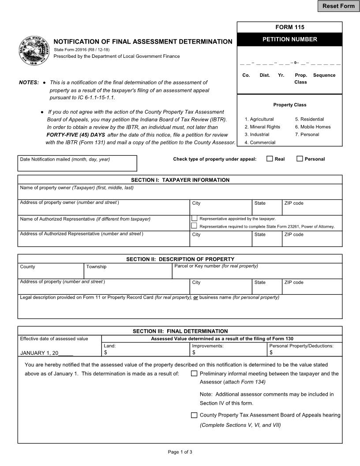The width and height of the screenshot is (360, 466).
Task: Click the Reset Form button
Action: click(x=338, y=6)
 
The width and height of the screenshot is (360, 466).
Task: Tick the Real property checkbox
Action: click(x=270, y=159)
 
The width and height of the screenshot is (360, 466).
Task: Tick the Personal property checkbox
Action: click(x=300, y=159)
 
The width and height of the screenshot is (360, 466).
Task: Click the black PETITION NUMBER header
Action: click(x=289, y=39)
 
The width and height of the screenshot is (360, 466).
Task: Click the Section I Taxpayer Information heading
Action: click(x=180, y=180)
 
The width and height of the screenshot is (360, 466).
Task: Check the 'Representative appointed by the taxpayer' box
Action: click(x=194, y=218)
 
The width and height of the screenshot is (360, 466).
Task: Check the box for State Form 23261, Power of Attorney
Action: click(x=194, y=225)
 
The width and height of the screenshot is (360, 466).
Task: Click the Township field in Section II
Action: click(x=127, y=273)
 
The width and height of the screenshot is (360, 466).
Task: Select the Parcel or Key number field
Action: click(x=257, y=273)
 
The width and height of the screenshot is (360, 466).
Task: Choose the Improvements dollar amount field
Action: click(x=230, y=353)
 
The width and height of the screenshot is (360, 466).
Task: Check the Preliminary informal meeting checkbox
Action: click(x=194, y=373)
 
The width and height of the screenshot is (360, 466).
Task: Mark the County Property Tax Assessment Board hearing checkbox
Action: click(x=194, y=415)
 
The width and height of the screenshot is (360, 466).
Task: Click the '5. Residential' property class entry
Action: click(x=309, y=119)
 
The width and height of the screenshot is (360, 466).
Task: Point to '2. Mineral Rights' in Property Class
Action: click(x=262, y=127)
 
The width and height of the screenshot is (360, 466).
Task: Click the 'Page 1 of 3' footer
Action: click(x=180, y=452)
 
